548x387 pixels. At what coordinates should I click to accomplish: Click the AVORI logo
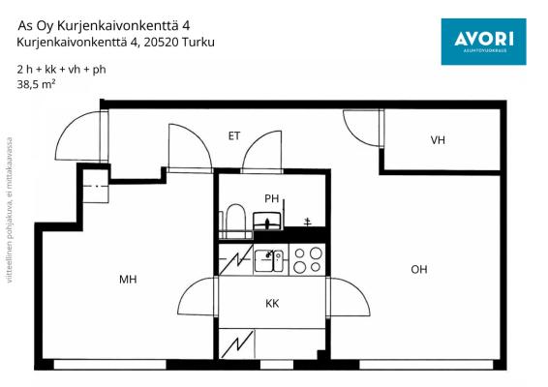click(483, 41)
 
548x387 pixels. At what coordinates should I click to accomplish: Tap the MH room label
click(128, 280)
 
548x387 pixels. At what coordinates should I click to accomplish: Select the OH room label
click(419, 270)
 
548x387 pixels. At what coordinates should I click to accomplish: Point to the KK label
click(273, 304)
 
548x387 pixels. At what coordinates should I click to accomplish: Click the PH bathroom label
click(272, 199)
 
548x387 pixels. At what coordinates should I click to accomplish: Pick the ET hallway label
click(234, 136)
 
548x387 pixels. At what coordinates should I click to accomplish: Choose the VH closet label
click(439, 141)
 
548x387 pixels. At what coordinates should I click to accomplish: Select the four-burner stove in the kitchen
click(308, 259)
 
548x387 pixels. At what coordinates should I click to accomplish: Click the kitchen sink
click(269, 259)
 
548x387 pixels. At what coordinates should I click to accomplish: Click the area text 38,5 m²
click(36, 85)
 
